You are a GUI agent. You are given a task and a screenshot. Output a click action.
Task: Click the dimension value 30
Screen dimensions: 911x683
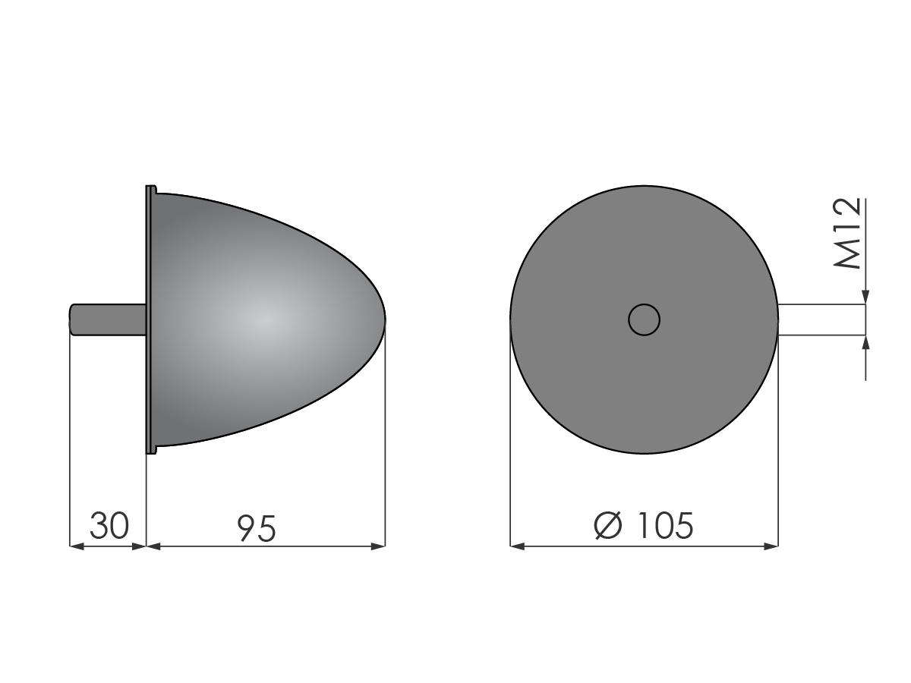[109, 526]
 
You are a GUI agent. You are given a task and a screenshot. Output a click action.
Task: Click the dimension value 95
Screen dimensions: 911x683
[256, 528]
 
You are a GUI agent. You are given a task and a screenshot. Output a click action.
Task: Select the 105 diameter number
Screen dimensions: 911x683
[665, 525]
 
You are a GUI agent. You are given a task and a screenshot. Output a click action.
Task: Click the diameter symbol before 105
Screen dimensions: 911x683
[608, 525]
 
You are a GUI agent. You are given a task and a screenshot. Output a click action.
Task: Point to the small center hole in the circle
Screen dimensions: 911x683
[644, 319]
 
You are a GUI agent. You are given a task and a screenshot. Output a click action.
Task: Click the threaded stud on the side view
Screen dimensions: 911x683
[108, 319]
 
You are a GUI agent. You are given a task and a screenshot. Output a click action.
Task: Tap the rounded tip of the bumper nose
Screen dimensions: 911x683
[384, 319]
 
